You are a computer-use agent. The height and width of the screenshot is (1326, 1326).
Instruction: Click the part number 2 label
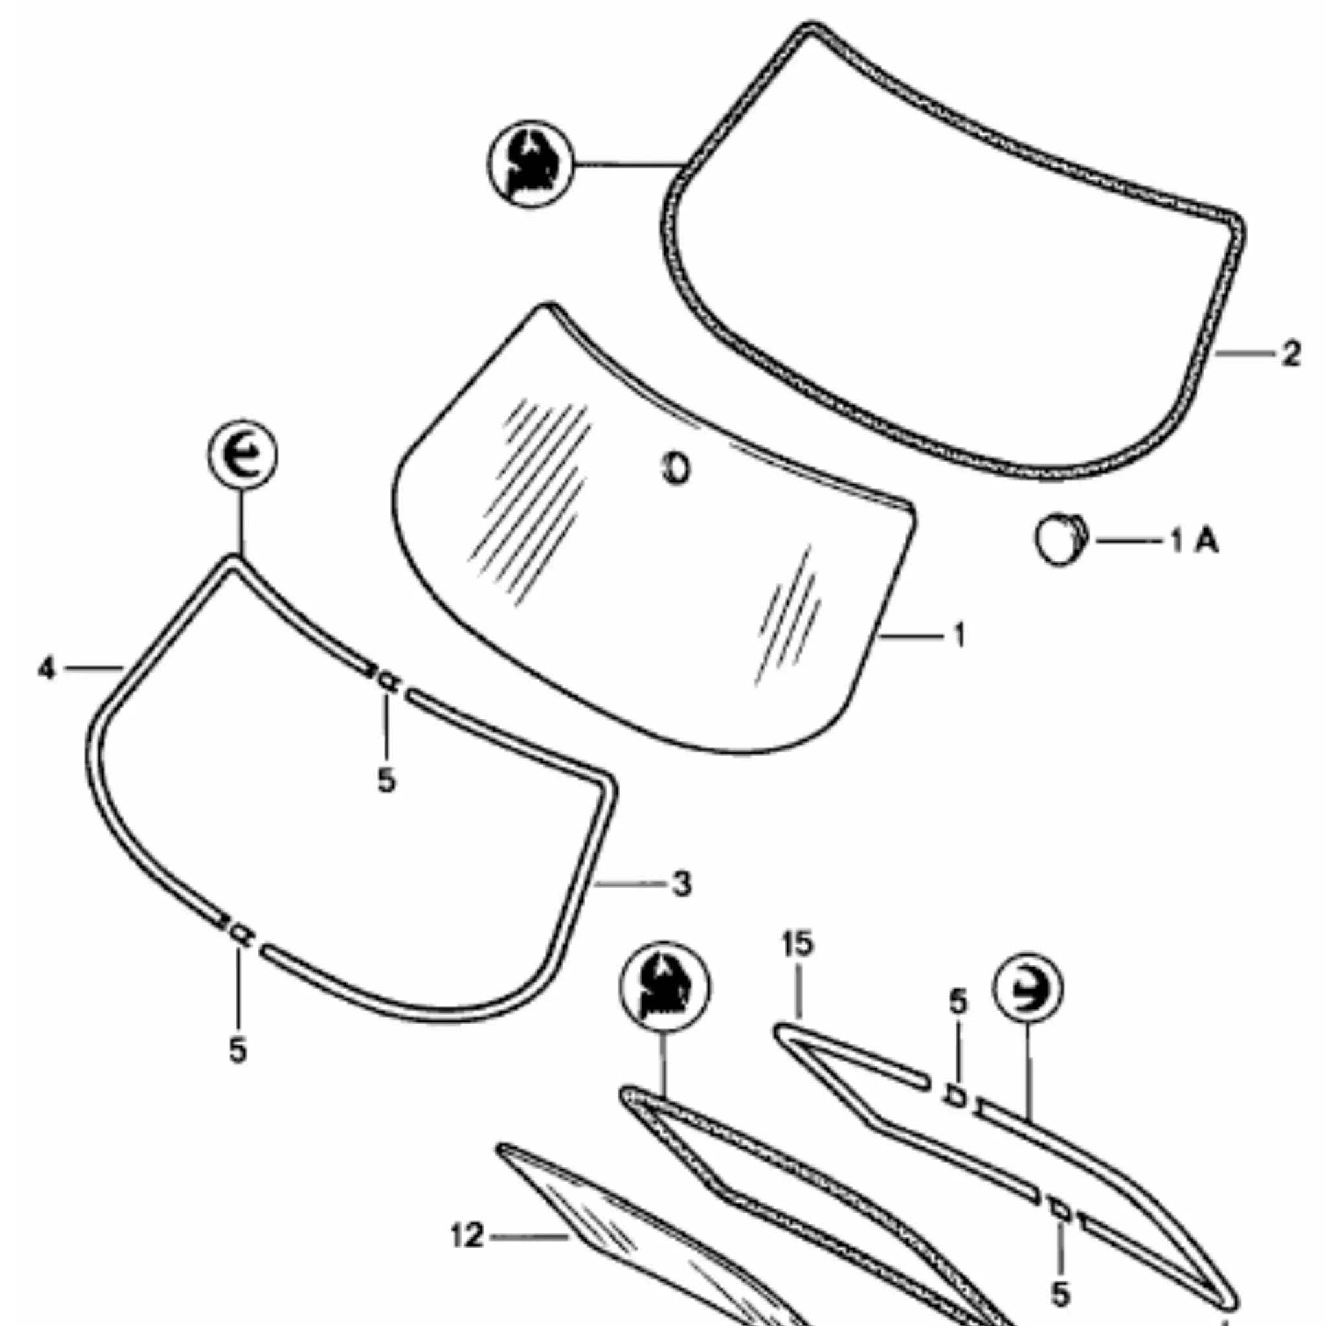[x=1291, y=354]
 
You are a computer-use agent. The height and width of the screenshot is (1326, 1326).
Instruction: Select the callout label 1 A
[x=1194, y=541]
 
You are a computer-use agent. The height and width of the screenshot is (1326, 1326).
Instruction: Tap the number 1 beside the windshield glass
[x=960, y=635]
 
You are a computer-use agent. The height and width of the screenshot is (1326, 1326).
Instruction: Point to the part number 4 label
[x=46, y=668]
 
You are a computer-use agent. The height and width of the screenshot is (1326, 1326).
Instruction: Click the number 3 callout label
[x=681, y=884]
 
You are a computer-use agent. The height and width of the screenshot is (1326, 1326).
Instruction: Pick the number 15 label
[x=798, y=944]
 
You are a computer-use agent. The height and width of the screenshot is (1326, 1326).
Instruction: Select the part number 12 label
[x=467, y=1237]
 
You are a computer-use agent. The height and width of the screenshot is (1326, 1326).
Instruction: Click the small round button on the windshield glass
[x=675, y=469]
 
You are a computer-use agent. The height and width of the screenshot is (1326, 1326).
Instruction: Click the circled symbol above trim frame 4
[x=242, y=455]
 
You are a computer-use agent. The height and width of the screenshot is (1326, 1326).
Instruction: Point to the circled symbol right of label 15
[x=1028, y=988]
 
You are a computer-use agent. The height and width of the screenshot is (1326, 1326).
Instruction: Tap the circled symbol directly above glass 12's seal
[x=664, y=987]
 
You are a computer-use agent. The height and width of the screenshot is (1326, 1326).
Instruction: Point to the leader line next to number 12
[x=530, y=1237]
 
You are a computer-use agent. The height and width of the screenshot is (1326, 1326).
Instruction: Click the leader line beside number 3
[x=631, y=884]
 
